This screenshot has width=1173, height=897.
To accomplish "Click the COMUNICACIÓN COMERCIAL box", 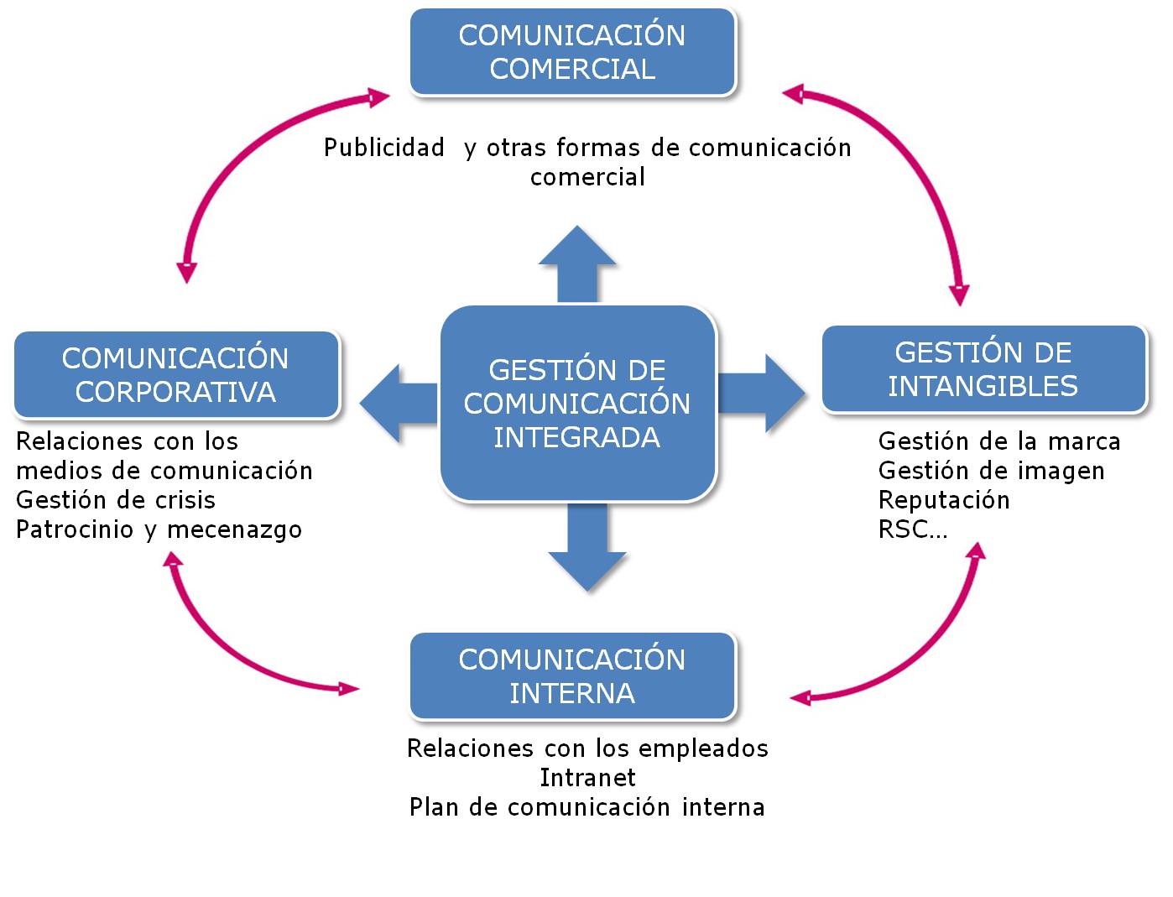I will [x=572, y=52].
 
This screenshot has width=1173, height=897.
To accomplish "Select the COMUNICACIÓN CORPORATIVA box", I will [x=176, y=375].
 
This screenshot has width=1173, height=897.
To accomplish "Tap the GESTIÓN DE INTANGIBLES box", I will [x=983, y=369].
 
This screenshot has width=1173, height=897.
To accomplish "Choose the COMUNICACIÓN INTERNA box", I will [x=572, y=676].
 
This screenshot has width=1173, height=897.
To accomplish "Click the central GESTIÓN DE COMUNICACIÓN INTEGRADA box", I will [x=577, y=404].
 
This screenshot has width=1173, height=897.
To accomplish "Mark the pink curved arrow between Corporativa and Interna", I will [x=227, y=646].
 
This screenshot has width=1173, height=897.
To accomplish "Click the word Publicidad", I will [x=384, y=148].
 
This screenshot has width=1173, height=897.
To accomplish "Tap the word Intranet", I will [x=587, y=778].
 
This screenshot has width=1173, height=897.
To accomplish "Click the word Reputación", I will [x=944, y=500].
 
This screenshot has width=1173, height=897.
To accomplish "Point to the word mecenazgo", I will [x=234, y=530].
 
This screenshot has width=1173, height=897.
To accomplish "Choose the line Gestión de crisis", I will [x=116, y=500].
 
